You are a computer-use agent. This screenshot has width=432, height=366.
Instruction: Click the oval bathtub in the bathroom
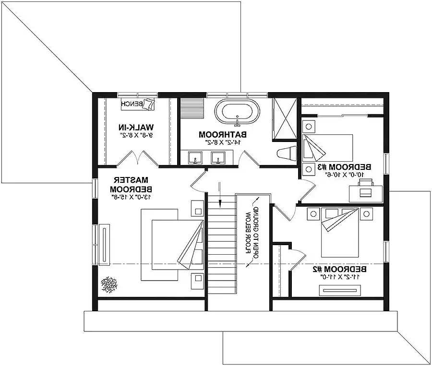tap(237, 111)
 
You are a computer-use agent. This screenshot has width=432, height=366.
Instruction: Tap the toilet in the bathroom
tap(287, 153)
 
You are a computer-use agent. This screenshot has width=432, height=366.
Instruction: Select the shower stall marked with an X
tap(285, 119)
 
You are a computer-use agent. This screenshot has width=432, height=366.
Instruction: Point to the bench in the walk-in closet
tap(138, 104)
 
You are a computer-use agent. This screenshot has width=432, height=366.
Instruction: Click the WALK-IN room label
tap(136, 127)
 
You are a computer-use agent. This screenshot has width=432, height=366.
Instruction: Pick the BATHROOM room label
tap(223, 135)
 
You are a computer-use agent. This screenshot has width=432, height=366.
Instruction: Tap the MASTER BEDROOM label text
tap(131, 185)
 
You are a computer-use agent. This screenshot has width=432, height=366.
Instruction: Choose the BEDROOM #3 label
tap(344, 167)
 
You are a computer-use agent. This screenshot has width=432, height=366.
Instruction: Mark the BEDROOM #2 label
tap(339, 269)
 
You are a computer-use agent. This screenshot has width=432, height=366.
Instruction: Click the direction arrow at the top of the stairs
tap(219, 194)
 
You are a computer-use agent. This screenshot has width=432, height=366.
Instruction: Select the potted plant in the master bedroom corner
tap(109, 284)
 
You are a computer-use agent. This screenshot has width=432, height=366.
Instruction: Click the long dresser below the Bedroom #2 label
tap(340, 290)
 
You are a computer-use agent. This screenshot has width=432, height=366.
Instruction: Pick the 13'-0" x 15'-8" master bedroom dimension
tap(132, 197)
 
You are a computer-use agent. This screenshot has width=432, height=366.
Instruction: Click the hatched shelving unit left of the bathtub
tap(192, 108)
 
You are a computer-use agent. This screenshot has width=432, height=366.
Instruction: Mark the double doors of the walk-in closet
tap(137, 158)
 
